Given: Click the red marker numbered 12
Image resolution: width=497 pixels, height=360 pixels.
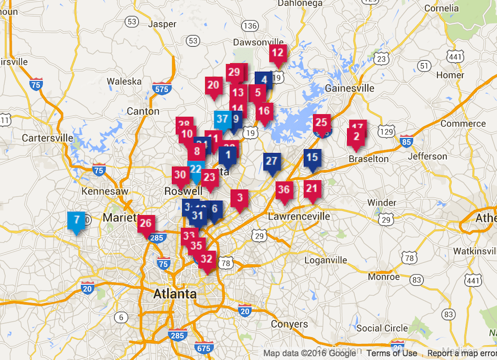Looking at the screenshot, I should click(x=278, y=53).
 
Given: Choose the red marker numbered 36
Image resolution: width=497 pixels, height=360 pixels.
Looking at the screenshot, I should click(x=284, y=190).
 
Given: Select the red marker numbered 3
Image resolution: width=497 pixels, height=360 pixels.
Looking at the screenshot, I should click(x=240, y=198).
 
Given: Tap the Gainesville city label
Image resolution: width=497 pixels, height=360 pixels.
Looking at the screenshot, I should click(x=349, y=88).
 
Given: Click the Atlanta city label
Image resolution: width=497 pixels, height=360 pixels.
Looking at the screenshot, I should click(x=175, y=294).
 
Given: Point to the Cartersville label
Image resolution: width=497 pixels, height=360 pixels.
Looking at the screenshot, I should click(x=47, y=138).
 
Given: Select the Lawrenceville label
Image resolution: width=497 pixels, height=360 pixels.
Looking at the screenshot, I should click(x=299, y=216).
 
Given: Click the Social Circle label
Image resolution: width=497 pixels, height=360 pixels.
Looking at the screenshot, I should click(x=382, y=328).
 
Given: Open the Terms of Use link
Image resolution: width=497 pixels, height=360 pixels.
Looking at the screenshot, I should click(x=392, y=353).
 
